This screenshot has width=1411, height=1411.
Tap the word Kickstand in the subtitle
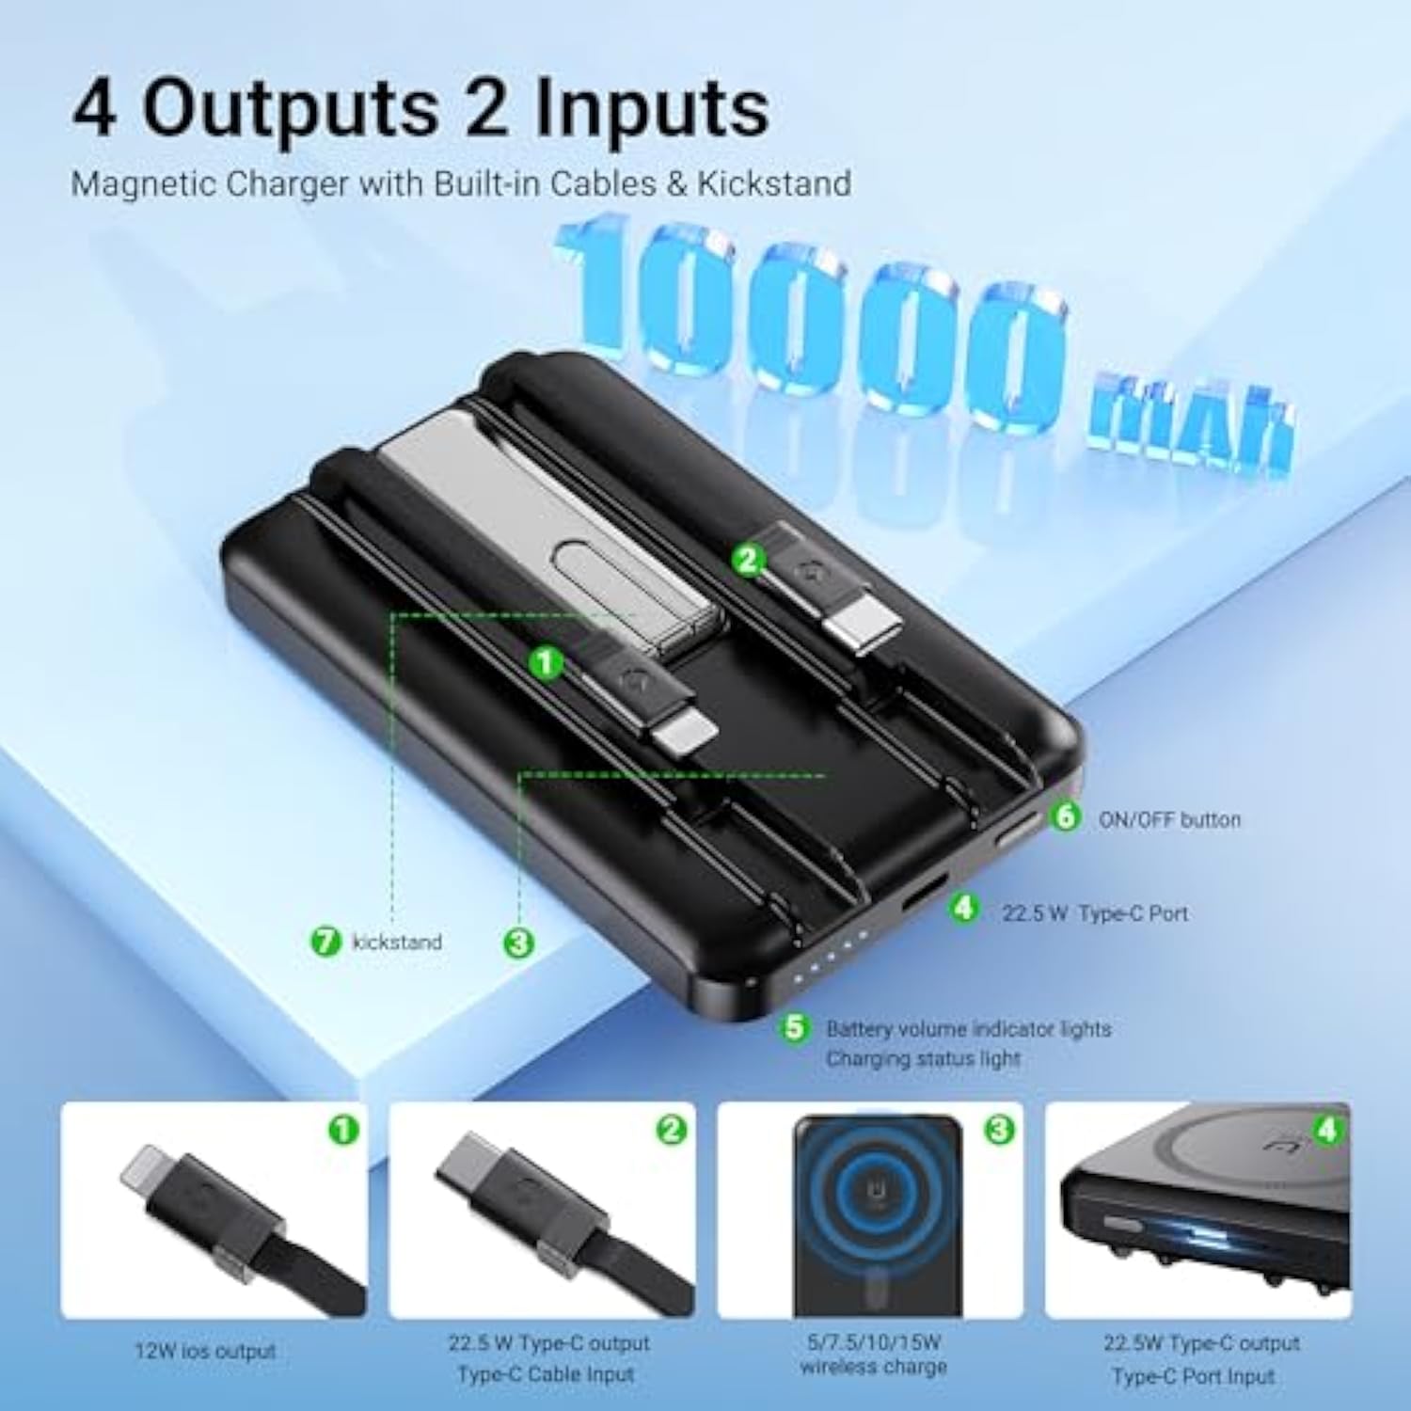click(x=773, y=182)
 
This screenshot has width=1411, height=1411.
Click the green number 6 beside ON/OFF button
click(x=1065, y=816)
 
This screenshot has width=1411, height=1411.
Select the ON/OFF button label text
click(x=1169, y=819)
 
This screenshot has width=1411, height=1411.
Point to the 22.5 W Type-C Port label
click(x=1094, y=912)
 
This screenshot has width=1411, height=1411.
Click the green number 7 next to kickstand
click(x=325, y=941)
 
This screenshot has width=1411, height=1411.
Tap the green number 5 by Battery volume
click(x=795, y=1027)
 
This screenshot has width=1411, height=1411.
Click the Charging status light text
click(x=922, y=1058)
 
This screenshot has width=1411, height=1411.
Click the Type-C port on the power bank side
click(x=926, y=891)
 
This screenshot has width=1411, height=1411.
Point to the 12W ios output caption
click(x=205, y=1351)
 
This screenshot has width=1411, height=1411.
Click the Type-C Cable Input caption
click(x=546, y=1374)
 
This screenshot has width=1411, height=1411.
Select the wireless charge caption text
click(x=873, y=1367)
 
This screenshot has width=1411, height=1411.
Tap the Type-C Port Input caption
click(x=1193, y=1376)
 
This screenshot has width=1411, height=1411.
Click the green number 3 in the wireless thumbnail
click(x=999, y=1129)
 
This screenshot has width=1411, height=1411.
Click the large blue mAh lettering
click(x=1190, y=419)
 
